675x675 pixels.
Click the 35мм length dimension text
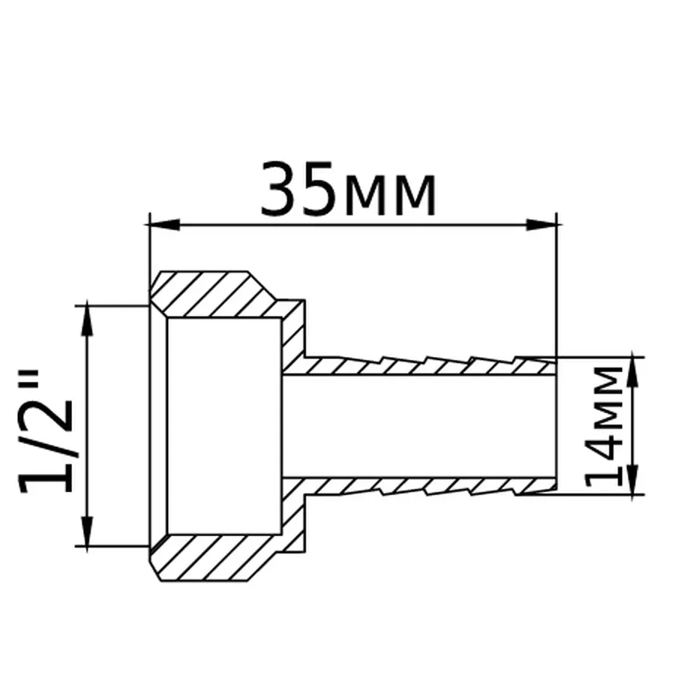tap(348, 189)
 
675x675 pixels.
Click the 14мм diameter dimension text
tap(606, 424)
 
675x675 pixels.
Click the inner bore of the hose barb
tap(420, 424)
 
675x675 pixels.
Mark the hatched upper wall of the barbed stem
tap(420, 366)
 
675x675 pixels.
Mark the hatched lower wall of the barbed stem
tap(420, 486)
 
